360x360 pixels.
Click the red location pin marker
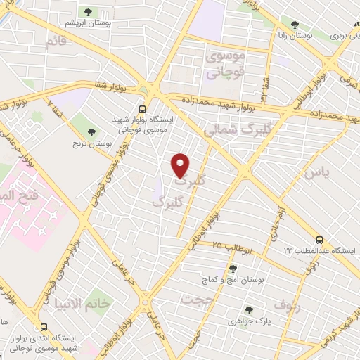(181, 165)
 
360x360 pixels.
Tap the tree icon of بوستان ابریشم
(89, 12)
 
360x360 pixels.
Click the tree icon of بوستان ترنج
(92, 131)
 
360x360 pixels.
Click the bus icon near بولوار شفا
(143, 109)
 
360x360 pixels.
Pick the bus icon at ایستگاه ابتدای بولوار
(45, 328)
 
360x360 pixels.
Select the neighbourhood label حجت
(197, 300)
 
